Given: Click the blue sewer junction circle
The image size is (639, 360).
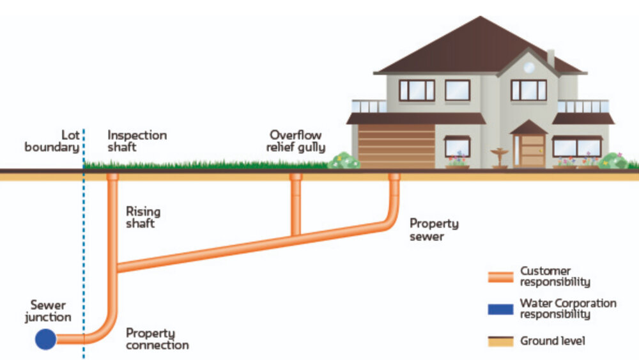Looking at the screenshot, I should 46,338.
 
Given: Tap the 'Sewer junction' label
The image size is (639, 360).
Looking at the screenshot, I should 48,311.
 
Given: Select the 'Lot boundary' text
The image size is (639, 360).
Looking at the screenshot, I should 52,141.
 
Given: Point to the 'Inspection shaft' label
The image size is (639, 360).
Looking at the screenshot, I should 137,141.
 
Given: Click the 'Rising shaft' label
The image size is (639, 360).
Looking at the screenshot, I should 142,217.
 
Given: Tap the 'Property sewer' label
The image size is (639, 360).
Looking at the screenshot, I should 434,230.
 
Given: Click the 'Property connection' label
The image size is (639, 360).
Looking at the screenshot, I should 157,339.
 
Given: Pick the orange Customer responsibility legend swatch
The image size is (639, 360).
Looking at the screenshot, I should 500,277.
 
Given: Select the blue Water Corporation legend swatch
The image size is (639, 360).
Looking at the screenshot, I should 500,309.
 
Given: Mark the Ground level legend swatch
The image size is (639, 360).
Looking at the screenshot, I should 500,341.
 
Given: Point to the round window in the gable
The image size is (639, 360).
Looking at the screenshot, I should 529,67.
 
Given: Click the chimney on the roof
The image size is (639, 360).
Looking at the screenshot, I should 550,58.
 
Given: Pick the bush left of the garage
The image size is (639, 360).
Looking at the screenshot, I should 344,160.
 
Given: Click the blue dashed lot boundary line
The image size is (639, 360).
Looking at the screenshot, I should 83,256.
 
